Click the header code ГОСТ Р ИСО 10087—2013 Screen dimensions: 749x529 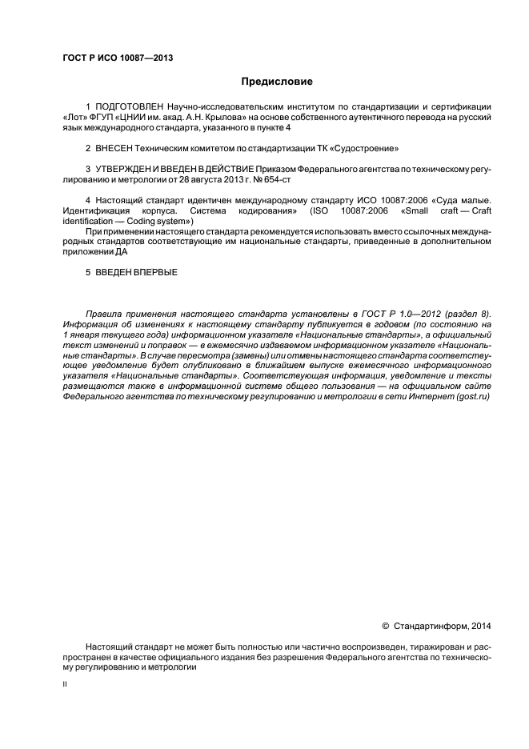coord(117,58)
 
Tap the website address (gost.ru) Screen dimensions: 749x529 coord(471,396)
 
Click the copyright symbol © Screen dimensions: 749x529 coord(385,626)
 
